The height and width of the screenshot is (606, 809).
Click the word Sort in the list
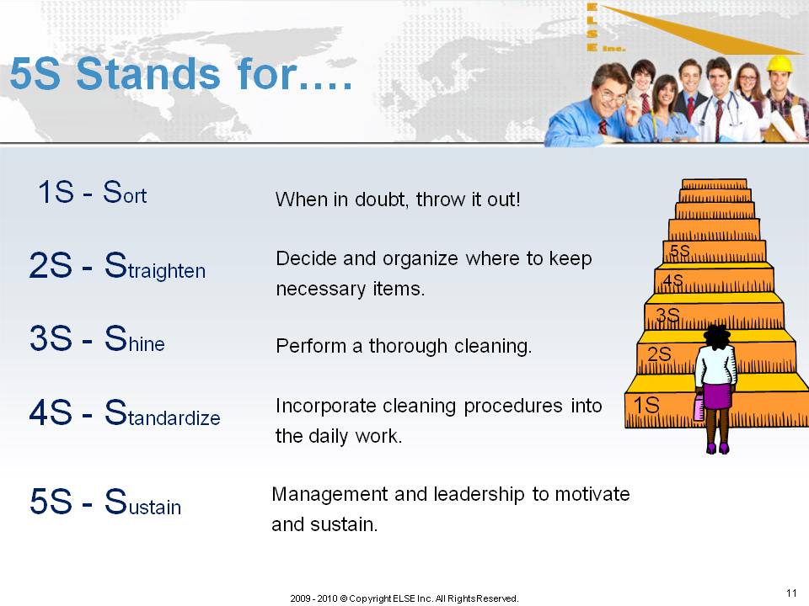(x=125, y=192)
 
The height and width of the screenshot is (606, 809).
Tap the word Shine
(x=134, y=339)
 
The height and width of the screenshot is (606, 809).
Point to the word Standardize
(x=162, y=412)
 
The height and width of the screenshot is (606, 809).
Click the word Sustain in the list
(x=142, y=502)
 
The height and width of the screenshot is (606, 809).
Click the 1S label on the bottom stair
(x=646, y=405)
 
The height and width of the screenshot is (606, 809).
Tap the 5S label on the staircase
(x=679, y=251)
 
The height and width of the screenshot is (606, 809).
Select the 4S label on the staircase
(x=672, y=281)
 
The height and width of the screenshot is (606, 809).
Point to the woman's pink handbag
(x=699, y=407)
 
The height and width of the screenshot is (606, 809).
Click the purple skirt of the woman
(x=717, y=396)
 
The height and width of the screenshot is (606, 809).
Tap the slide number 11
(x=791, y=593)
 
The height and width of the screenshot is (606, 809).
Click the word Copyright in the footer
(x=370, y=598)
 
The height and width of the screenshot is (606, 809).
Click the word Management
(x=329, y=494)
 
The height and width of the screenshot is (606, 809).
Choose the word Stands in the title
(x=148, y=74)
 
